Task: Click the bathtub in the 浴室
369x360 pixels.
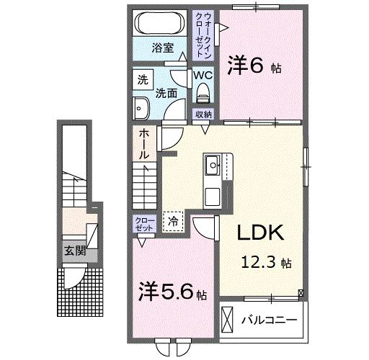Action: (160, 24)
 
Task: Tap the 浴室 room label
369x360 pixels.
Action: (163, 48)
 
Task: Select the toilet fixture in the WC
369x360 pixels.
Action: (203, 93)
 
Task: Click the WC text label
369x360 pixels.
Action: (203, 76)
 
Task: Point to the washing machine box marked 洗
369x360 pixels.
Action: (143, 79)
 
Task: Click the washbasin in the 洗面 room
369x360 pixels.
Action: (141, 108)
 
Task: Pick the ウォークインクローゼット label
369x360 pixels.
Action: (204, 35)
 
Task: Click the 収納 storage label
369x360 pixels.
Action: (203, 114)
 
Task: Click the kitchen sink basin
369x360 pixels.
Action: (213, 165)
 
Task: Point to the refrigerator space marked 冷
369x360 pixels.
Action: (173, 222)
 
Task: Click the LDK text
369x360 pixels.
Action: (261, 233)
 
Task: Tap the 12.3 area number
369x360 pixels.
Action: (258, 262)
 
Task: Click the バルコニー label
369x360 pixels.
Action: (269, 320)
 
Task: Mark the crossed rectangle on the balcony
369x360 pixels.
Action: (227, 320)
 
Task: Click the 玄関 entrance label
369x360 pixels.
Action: (75, 251)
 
